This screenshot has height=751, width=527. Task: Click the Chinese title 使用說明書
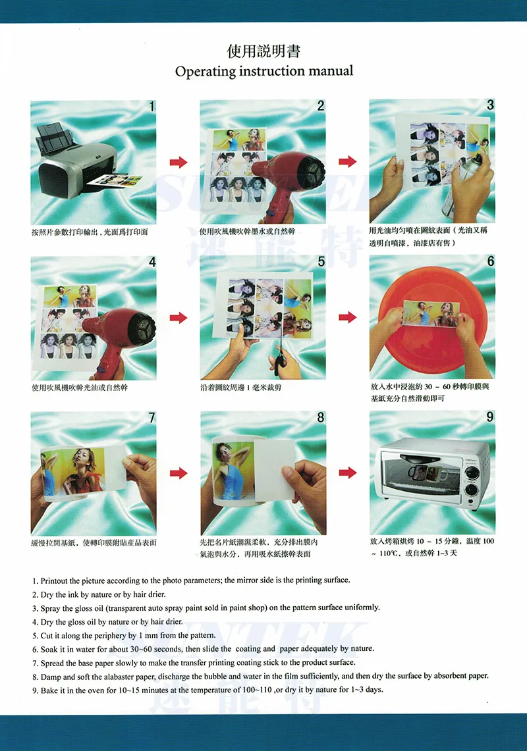[263, 51]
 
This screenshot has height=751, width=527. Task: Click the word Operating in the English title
[206, 71]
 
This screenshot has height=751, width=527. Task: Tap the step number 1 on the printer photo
[152, 107]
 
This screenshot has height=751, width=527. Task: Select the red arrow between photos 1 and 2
[179, 162]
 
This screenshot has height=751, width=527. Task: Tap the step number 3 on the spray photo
[489, 105]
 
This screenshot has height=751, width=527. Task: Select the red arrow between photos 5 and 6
[348, 317]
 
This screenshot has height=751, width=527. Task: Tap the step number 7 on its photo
[152, 418]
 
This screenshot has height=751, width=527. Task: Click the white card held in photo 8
[274, 472]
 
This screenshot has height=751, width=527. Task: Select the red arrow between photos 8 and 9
[348, 473]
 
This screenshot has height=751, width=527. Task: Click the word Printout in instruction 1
[54, 581]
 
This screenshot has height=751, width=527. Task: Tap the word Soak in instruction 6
[49, 650]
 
